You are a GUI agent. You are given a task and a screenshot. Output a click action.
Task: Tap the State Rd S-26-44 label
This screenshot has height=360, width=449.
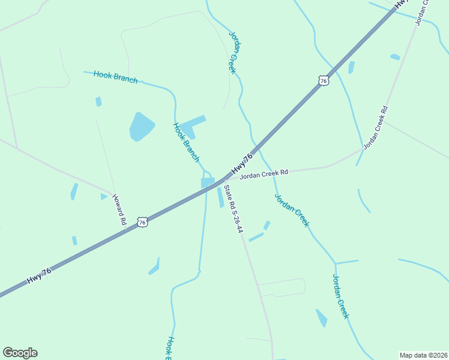click(x=233, y=209)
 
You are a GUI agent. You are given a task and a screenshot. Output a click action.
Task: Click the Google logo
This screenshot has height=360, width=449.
click(x=20, y=353)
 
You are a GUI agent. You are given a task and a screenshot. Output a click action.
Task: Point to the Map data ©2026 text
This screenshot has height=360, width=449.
click(x=423, y=355)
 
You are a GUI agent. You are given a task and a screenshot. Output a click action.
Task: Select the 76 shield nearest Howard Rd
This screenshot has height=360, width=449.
click(x=142, y=222)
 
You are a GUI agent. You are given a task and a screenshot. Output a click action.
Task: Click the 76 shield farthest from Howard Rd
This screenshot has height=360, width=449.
click(x=324, y=80)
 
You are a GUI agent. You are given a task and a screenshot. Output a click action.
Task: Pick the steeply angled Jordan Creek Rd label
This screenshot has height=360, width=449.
click(x=376, y=128)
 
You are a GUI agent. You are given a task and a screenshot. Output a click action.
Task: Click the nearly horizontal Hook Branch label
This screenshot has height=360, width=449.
click(x=116, y=77)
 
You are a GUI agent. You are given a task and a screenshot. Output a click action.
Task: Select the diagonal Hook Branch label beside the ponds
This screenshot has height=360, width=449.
click(x=186, y=143)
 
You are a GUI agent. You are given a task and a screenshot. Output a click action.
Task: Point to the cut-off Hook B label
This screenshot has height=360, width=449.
click(x=170, y=348)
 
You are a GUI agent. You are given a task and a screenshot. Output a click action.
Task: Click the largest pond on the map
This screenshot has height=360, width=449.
click(x=141, y=127)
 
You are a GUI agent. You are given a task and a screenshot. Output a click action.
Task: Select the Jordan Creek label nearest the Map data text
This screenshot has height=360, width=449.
click(x=341, y=296)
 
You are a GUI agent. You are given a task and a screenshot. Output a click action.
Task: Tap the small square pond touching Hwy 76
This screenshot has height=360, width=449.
click(x=207, y=182)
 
